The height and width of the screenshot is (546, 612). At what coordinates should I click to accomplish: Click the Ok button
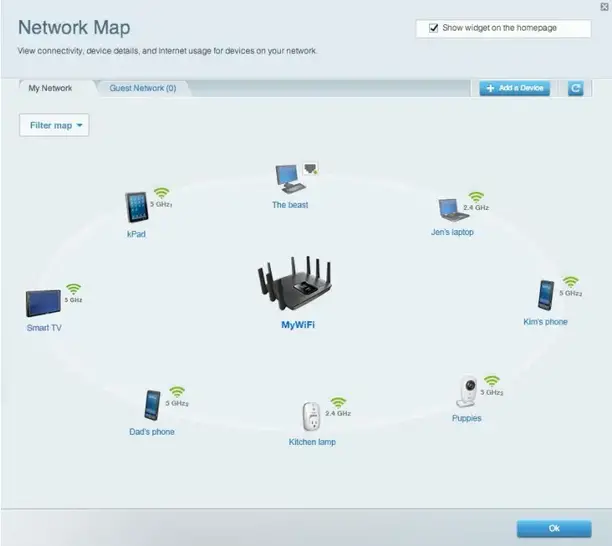(x=554, y=528)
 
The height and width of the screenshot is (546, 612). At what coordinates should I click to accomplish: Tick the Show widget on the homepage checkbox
(x=433, y=28)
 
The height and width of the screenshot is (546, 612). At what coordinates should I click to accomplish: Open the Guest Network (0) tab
(x=143, y=88)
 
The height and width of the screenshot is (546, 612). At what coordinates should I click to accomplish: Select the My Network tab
(x=50, y=88)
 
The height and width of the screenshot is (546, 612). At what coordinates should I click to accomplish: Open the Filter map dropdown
(x=54, y=125)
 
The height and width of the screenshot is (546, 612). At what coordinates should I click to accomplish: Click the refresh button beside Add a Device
(x=575, y=88)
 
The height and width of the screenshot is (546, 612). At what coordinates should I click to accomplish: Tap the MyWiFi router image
(x=295, y=283)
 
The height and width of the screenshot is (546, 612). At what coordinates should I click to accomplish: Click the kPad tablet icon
(x=137, y=207)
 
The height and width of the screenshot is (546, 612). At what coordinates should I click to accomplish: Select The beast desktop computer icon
(x=290, y=179)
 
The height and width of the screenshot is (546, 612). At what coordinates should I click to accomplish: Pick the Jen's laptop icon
(x=453, y=210)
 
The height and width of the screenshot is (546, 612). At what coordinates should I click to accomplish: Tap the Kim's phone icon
(x=546, y=295)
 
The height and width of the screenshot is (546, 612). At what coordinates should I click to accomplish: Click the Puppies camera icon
(x=467, y=392)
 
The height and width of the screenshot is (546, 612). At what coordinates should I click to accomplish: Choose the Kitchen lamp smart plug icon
(x=311, y=417)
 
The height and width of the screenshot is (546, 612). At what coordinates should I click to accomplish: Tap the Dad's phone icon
(x=152, y=405)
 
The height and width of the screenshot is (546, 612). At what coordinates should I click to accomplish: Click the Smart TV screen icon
(x=43, y=303)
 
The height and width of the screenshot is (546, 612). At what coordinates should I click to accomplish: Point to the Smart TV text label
(x=44, y=328)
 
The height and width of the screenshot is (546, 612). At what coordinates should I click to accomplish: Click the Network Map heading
(x=74, y=28)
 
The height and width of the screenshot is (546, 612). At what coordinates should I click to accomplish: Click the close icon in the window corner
(x=604, y=7)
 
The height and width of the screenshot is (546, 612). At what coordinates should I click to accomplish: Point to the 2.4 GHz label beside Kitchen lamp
(x=338, y=413)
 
